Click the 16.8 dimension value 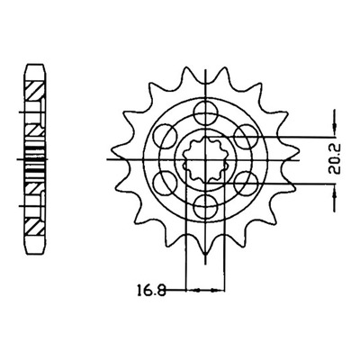[x=151, y=291]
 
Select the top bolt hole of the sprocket [x=205, y=112]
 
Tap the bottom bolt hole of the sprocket [x=205, y=205]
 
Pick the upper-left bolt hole [x=165, y=136]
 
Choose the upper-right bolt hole [x=246, y=136]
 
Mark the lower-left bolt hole [x=165, y=183]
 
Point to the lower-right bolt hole [x=246, y=183]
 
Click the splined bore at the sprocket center [x=205, y=159]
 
